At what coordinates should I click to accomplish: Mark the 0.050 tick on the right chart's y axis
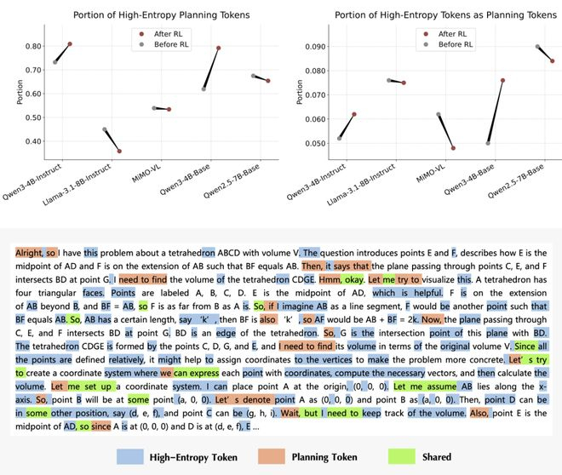(x=311, y=143)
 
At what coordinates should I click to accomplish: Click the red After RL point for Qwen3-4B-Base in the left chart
(x=219, y=49)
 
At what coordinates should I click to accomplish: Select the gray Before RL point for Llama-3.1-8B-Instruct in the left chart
(x=105, y=129)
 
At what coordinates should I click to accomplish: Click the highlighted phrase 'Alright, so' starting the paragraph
(x=35, y=252)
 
